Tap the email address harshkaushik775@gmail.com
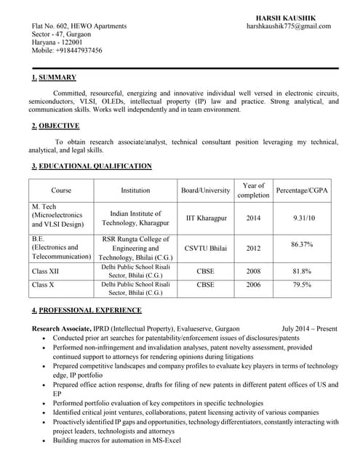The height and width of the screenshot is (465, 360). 289,26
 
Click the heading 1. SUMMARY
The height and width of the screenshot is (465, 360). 54,78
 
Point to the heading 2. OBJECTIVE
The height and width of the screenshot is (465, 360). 55,126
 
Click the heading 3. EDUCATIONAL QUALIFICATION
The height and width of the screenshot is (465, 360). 92,167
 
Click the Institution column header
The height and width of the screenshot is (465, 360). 135,190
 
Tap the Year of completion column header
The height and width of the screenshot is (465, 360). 253,190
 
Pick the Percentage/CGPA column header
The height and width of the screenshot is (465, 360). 302,190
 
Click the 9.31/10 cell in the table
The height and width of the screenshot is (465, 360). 304,218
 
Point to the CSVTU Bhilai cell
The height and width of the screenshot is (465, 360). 207,248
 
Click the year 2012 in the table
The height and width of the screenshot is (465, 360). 253,248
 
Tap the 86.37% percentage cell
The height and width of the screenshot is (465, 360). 301,245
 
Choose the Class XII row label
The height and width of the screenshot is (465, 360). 45,271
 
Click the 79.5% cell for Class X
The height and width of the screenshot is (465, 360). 302,285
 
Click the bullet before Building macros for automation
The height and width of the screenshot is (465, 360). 46,441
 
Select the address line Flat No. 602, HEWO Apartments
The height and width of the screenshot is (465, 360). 79,26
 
